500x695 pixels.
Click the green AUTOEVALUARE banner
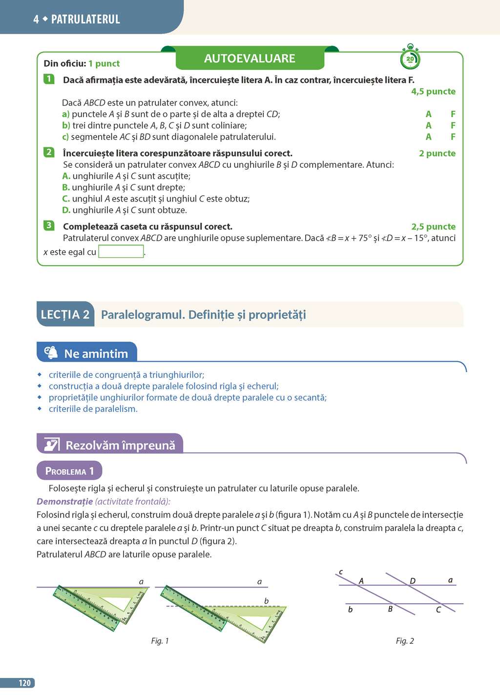click(250, 59)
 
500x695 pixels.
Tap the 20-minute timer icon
click(410, 59)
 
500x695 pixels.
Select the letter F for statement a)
click(453, 114)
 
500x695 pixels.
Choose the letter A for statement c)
click(428, 137)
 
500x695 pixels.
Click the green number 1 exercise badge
click(49, 79)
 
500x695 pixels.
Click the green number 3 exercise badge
click(49, 225)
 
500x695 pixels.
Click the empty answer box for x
click(121, 251)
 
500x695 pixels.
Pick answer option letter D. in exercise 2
click(66, 210)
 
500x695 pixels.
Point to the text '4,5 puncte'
click(433, 91)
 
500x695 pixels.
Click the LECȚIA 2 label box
click(65, 314)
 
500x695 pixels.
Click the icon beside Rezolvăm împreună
click(52, 445)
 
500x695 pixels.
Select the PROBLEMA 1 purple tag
click(69, 471)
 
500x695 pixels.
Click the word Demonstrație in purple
click(64, 501)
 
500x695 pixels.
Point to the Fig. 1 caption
click(160, 641)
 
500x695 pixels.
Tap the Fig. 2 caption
click(405, 641)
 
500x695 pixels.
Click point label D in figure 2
click(413, 581)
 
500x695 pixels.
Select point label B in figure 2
click(390, 609)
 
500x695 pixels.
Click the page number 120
click(24, 683)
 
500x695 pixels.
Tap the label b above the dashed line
click(266, 601)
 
